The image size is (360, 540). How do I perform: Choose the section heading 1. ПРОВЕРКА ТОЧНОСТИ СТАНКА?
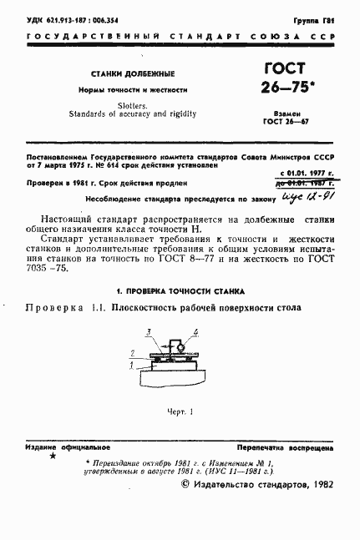tap(180, 291)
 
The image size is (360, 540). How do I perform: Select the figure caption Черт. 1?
tap(179, 411)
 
